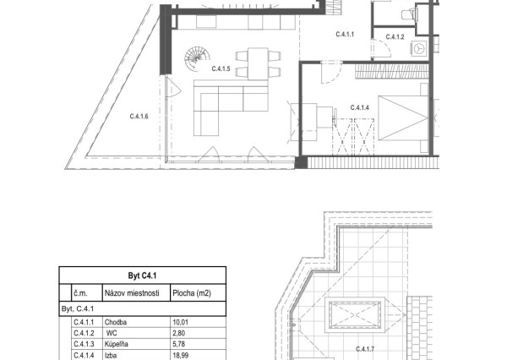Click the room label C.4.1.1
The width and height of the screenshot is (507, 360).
pos(345,35)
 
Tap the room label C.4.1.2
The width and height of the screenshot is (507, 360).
pos(395,37)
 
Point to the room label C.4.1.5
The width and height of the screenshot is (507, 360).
pos(221,68)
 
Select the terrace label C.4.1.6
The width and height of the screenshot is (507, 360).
pos(139,116)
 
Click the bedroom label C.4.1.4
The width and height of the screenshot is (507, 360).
pos(360,107)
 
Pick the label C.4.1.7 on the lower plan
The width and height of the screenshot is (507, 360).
pos(365,349)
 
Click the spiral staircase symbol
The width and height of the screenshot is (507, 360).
pos(197,58)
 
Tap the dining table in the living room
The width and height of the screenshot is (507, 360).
pos(258,63)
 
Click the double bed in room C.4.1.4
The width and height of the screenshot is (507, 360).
pos(403,117)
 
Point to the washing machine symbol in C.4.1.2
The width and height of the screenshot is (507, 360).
pos(420,48)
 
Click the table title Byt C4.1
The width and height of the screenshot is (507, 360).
pos(142,275)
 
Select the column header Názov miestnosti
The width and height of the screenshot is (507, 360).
pos(132,293)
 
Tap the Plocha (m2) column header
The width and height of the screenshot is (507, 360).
pos(192,293)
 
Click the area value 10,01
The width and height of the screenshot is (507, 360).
pos(181,322)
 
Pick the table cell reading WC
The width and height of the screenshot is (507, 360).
pos(111,333)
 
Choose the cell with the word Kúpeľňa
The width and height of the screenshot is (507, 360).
pos(117,344)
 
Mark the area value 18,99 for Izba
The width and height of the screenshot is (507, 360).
pos(181,356)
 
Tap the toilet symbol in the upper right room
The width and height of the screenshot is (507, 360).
pos(408,14)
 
